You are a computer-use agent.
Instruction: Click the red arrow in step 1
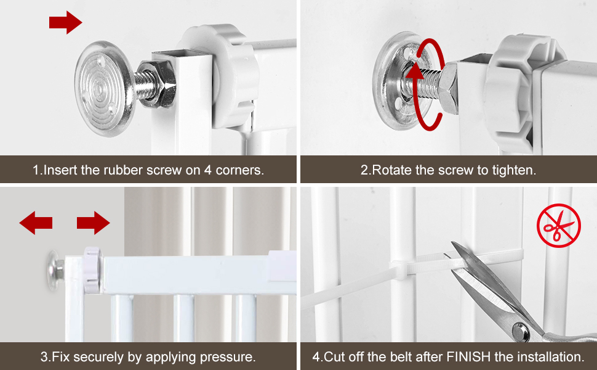tap(65, 22)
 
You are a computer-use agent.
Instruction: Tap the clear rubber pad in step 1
tap(104, 89)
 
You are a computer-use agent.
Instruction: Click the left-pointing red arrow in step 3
tap(36, 223)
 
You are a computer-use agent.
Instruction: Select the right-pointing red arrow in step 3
tap(94, 223)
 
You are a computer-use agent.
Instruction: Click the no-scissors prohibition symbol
tap(559, 226)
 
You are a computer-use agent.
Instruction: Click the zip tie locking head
tap(399, 268)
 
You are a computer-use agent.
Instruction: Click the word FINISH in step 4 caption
tap(468, 357)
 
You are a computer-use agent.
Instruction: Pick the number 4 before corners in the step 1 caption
tap(207, 170)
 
